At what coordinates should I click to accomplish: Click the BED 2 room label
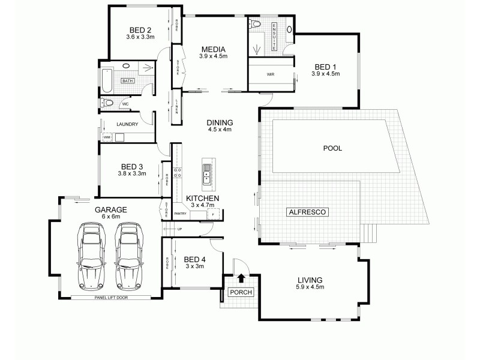pyautogui.click(x=140, y=29)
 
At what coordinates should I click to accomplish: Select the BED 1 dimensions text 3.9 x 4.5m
pyautogui.click(x=325, y=74)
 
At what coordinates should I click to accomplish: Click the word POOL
pyautogui.click(x=332, y=148)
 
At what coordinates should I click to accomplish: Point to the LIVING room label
pyautogui.click(x=310, y=280)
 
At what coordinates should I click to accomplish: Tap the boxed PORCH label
pyautogui.click(x=241, y=292)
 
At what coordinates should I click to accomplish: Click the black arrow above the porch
pyautogui.click(x=241, y=278)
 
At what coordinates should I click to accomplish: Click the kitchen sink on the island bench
pyautogui.click(x=206, y=173)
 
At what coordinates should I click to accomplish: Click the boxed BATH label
pyautogui.click(x=127, y=80)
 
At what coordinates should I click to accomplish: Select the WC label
pyautogui.click(x=125, y=104)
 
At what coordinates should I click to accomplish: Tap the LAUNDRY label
pyautogui.click(x=127, y=125)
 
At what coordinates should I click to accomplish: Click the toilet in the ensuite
pyautogui.click(x=256, y=25)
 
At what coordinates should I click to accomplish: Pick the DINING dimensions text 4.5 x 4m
pyautogui.click(x=220, y=129)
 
